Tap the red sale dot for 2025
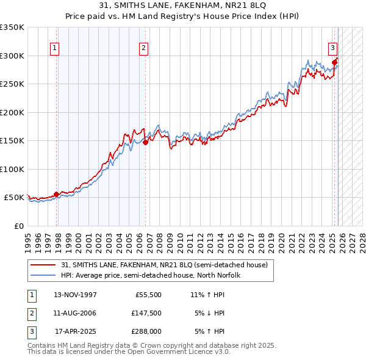[335, 62]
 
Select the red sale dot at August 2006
[145, 142]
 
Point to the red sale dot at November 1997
[57, 194]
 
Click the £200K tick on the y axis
[12, 112]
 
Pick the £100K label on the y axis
[12, 169]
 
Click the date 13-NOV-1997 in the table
[75, 294]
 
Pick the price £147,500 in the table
[146, 313]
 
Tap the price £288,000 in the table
[146, 332]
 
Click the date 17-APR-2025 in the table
[75, 332]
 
